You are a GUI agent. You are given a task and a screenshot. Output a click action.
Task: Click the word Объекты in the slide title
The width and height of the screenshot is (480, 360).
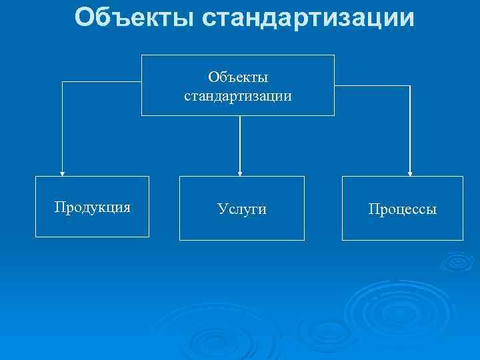pos(134,18)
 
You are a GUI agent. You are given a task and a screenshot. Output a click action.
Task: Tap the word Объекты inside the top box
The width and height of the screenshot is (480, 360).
pos(238,79)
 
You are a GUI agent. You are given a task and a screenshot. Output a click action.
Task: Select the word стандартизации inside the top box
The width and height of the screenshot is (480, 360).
pos(238,96)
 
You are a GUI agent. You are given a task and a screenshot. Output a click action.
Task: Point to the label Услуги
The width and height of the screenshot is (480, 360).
pos(241,209)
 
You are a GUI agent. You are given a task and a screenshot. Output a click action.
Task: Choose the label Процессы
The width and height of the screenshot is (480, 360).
pos(402,209)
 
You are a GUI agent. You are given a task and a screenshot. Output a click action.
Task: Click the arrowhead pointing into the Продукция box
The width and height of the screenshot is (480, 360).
pos(62,172)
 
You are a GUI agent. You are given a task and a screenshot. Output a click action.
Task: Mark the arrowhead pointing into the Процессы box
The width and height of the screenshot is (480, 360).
pos(409,172)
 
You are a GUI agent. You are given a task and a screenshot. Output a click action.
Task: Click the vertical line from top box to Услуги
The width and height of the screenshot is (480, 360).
pos(240,143)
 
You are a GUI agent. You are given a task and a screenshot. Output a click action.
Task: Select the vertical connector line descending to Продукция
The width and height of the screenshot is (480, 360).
pos(62,127)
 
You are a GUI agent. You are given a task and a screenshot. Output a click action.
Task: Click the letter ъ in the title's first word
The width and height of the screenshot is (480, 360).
pos(115,18)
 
